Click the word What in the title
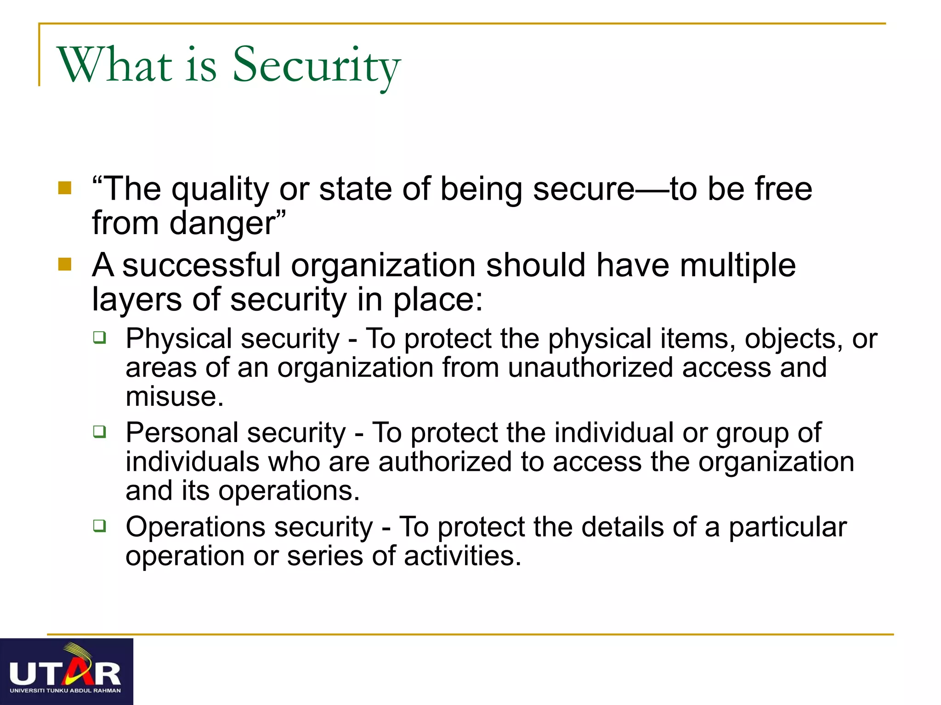pyautogui.click(x=114, y=66)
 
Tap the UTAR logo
pyautogui.click(x=66, y=671)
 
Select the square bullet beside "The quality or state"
pyautogui.click(x=65, y=188)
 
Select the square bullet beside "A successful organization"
pyautogui.click(x=65, y=264)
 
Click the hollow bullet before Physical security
pyautogui.click(x=99, y=338)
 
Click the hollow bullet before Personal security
pyautogui.click(x=99, y=431)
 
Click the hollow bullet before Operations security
pyautogui.click(x=99, y=526)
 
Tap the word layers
pyautogui.click(x=137, y=300)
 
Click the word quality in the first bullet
pyautogui.click(x=220, y=189)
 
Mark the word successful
pyautogui.click(x=201, y=265)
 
